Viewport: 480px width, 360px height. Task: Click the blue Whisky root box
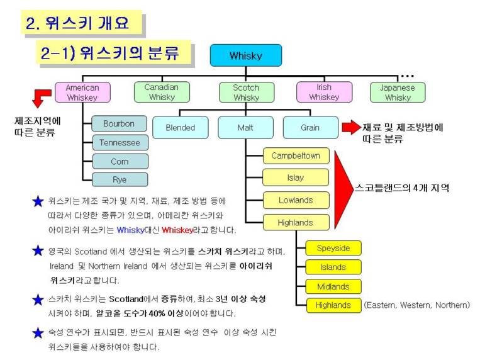pyautogui.click(x=246, y=55)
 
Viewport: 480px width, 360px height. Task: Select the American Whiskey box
pyautogui.click(x=82, y=93)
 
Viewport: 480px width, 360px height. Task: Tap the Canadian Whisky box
pyautogui.click(x=162, y=92)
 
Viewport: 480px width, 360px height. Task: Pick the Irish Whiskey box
pyautogui.click(x=324, y=92)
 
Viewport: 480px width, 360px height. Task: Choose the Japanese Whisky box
pyautogui.click(x=398, y=93)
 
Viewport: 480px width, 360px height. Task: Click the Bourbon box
pyautogui.click(x=119, y=123)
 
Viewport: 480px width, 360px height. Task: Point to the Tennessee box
pyautogui.click(x=120, y=142)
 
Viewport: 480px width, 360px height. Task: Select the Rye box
pyautogui.click(x=120, y=179)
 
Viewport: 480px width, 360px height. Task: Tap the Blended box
pyautogui.click(x=181, y=128)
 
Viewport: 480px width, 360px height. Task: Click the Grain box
pyautogui.click(x=311, y=128)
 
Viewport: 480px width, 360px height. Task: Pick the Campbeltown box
pyautogui.click(x=296, y=155)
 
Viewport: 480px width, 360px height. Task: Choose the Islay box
pyautogui.click(x=296, y=177)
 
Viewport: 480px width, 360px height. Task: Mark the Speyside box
pyautogui.click(x=333, y=248)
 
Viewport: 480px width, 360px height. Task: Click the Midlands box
pyautogui.click(x=333, y=286)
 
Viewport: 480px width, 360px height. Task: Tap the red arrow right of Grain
pyautogui.click(x=352, y=127)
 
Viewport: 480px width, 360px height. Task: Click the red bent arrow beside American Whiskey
pyautogui.click(x=42, y=98)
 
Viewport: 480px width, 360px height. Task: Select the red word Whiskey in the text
pyautogui.click(x=177, y=230)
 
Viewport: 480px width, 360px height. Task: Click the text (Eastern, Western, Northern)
pyautogui.click(x=417, y=305)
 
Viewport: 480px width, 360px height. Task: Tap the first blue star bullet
pyautogui.click(x=38, y=201)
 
